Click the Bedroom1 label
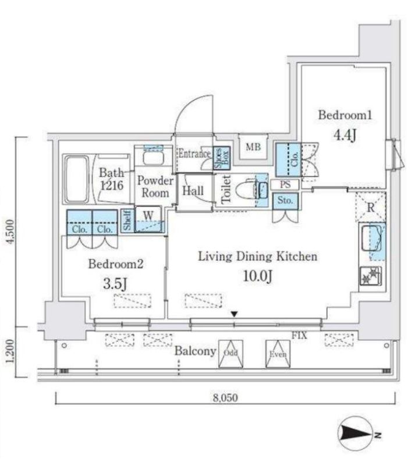point(345,115)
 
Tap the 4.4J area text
point(345,135)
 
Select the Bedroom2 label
point(116,264)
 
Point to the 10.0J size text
point(258,276)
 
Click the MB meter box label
point(253,147)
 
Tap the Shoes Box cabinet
point(222,158)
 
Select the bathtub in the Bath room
point(77,179)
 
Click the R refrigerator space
point(371,207)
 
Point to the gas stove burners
point(371,276)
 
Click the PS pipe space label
point(285,185)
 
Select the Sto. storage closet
point(285,201)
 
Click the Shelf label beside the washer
point(127,220)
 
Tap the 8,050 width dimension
point(225,397)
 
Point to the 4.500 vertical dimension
point(10,232)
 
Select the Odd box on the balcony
point(230,354)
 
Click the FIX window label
point(299,335)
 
